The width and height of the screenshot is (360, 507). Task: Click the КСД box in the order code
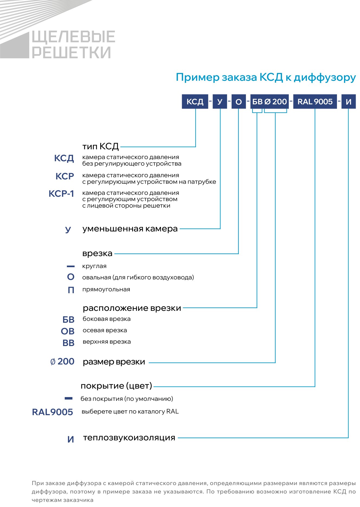[195, 102]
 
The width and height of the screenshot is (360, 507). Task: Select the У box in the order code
[220, 102]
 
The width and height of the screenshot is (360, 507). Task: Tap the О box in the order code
[239, 102]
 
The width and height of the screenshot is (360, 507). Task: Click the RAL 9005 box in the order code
[315, 102]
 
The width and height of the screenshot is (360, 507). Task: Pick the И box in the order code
[348, 102]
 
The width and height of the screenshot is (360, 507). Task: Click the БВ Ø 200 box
[270, 102]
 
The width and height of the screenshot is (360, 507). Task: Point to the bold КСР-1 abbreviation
[61, 194]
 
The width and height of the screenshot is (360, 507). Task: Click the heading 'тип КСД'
[100, 147]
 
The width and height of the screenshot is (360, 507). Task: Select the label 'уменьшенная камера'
[130, 229]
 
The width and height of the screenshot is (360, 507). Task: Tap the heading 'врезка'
[97, 254]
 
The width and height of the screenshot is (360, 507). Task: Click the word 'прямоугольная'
[106, 289]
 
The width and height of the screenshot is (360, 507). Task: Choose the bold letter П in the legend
[71, 290]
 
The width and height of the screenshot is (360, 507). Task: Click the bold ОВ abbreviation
[68, 331]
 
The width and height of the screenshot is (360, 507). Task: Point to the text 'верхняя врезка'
[107, 342]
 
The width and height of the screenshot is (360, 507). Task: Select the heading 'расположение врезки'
[132, 308]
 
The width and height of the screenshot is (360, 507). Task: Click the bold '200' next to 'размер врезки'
[66, 361]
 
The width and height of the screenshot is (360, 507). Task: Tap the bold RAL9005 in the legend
[53, 412]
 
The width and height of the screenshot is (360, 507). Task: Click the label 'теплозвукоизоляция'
[129, 438]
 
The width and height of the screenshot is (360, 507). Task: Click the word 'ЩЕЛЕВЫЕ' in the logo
[74, 37]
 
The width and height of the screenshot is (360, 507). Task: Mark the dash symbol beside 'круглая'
[71, 267]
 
